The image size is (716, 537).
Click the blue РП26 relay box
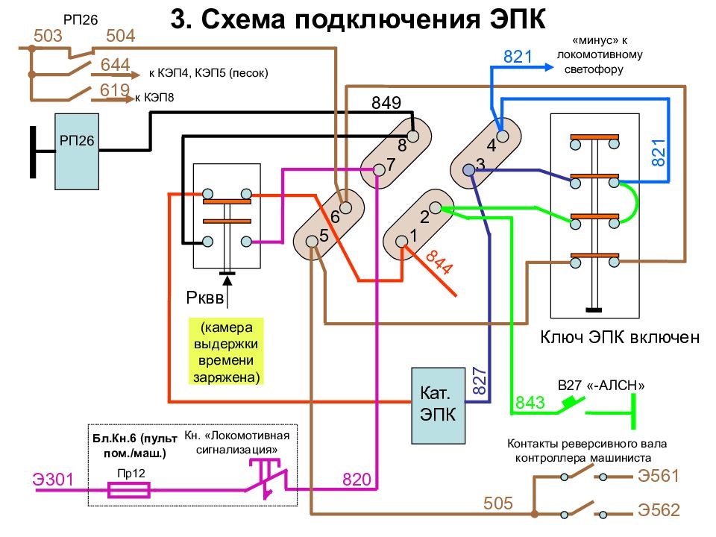77,151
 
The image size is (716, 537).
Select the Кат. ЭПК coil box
438,406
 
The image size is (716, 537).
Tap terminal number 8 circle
412,136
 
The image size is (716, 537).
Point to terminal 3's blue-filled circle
468,170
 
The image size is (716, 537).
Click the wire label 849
386,103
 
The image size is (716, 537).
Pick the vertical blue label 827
479,380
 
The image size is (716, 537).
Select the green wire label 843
530,402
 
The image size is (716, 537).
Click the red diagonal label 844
439,263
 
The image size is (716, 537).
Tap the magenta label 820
357,479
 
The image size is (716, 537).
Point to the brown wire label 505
498,503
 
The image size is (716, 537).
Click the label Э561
659,476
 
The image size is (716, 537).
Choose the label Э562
659,509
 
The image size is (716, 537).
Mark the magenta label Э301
53,480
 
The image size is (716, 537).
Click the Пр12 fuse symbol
129,491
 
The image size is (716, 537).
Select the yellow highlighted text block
226,351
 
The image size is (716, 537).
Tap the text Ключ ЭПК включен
620,337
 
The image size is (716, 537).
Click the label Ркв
204,298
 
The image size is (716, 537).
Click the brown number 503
48,35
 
